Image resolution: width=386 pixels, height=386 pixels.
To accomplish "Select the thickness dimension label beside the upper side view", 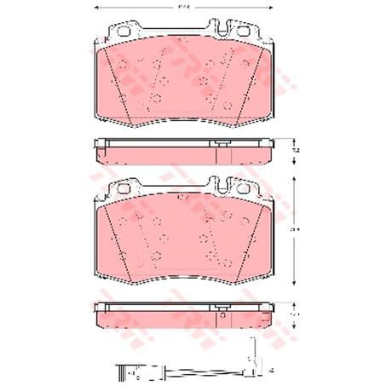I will click(295, 149).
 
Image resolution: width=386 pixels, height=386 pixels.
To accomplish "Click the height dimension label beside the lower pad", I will click(295, 229).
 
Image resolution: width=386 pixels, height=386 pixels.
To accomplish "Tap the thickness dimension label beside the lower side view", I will click(295, 314).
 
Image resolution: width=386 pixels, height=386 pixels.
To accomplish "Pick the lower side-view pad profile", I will click(183, 319).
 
